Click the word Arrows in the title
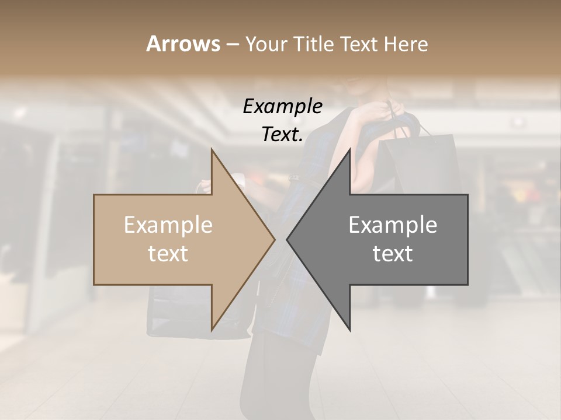click(x=183, y=44)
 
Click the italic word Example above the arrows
click(x=282, y=107)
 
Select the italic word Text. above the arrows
click(x=282, y=135)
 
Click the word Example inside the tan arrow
click(x=168, y=225)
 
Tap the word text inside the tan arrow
click(x=168, y=254)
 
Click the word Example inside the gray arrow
click(x=393, y=225)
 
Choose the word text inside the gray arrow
click(x=393, y=254)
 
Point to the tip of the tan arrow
click(x=273, y=239)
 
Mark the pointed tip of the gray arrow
click(x=288, y=239)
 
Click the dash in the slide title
click(x=232, y=44)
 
